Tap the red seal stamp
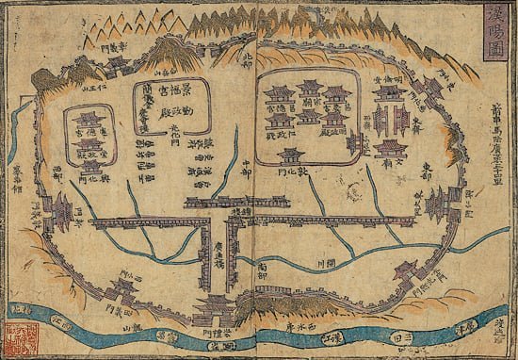click(x=18, y=335)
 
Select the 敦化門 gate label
click(x=291, y=175)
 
